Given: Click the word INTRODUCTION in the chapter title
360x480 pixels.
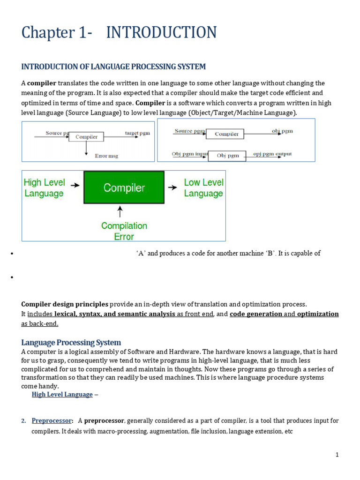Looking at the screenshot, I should pyautogui.click(x=161, y=33).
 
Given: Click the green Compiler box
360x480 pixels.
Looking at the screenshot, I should pyautogui.click(x=124, y=187).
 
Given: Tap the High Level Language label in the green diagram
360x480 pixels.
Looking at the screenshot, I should pyautogui.click(x=44, y=188).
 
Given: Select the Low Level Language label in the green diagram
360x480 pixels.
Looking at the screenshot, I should pyautogui.click(x=203, y=188).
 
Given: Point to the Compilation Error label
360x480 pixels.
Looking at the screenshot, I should pyautogui.click(x=124, y=231).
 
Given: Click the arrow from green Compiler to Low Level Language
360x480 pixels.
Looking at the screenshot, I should pyautogui.click(x=173, y=187).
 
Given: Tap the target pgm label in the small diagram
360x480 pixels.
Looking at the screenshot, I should pyautogui.click(x=137, y=133).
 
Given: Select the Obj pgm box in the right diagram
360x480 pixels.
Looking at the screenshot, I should pyautogui.click(x=227, y=156).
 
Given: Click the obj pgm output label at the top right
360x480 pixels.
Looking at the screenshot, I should pyautogui.click(x=282, y=131).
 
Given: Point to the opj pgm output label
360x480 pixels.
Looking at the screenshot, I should pyautogui.click(x=272, y=154).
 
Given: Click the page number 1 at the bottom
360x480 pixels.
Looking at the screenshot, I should pyautogui.click(x=337, y=455).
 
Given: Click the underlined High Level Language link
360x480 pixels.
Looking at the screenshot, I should pyautogui.click(x=62, y=395).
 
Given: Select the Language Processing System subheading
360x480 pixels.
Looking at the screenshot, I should pyautogui.click(x=71, y=342).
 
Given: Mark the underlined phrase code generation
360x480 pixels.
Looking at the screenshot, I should pyautogui.click(x=255, y=314).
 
